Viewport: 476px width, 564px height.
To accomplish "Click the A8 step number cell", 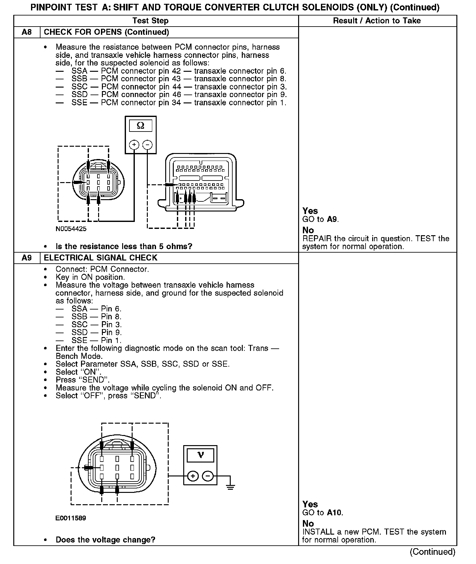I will click(27, 32).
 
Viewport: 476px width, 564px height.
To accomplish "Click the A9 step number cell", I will click(27, 258).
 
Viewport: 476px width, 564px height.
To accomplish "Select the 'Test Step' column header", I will click(150, 21).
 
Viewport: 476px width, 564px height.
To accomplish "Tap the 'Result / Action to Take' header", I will click(377, 21).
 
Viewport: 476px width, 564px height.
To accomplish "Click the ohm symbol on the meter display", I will click(141, 126).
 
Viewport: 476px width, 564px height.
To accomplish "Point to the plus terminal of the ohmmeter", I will click(134, 145).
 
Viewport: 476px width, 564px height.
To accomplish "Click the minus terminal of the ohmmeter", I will click(147, 145).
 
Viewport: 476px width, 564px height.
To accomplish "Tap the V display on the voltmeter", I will click(200, 455).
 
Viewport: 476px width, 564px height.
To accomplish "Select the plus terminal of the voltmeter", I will click(193, 476).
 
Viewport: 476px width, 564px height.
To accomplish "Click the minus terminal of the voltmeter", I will click(208, 476).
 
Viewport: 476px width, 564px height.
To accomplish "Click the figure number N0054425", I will click(71, 229).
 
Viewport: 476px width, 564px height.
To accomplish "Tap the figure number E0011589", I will click(71, 518).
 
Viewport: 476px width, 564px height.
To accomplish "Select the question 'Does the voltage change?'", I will click(105, 540).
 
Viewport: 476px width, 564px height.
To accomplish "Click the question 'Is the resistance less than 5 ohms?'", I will click(124, 246).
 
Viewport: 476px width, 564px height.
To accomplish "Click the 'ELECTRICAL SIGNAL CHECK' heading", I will click(100, 258).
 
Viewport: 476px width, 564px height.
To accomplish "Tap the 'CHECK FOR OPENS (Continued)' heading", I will click(106, 32).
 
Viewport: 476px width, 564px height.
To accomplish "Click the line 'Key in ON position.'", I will click(90, 277).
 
